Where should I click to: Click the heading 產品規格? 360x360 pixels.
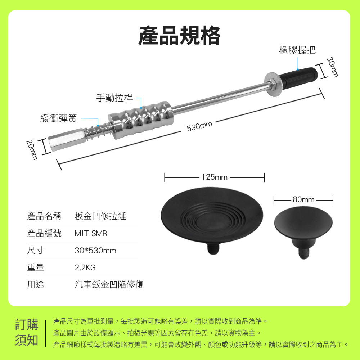click(x=179, y=36)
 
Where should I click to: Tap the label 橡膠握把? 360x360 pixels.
click(x=297, y=50)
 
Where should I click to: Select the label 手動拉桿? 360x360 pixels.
click(x=114, y=98)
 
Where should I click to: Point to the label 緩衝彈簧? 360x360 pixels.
click(x=59, y=118)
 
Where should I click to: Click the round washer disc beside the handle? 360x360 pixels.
click(x=273, y=84)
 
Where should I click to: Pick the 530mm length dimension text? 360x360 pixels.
click(x=199, y=126)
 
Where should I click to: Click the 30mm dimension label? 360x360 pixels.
click(x=332, y=67)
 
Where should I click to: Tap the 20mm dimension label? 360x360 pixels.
click(x=32, y=149)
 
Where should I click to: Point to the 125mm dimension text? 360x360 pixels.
click(x=215, y=177)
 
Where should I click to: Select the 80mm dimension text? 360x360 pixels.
click(x=303, y=199)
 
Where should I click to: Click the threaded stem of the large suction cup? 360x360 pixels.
click(x=213, y=249)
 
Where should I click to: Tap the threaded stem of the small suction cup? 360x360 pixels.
click(x=304, y=254)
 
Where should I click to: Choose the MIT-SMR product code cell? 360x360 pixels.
click(x=91, y=234)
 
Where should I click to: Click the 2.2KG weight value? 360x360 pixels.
click(x=85, y=267)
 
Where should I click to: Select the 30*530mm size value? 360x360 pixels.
click(x=95, y=251)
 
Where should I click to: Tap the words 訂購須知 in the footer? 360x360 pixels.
click(x=27, y=332)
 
